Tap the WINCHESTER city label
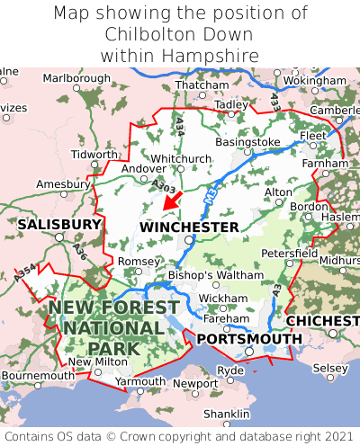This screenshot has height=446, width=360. (189, 227)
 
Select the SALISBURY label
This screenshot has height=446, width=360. (59, 223)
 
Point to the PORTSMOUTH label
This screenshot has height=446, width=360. (249, 338)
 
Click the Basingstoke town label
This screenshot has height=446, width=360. (248, 142)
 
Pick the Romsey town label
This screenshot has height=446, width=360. (138, 261)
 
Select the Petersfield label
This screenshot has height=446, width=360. (289, 254)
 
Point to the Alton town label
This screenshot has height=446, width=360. (278, 192)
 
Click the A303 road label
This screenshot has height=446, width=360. (164, 186)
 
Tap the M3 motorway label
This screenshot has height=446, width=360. (211, 192)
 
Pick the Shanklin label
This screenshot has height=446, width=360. (225, 414)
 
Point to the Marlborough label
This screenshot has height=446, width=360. (76, 79)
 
